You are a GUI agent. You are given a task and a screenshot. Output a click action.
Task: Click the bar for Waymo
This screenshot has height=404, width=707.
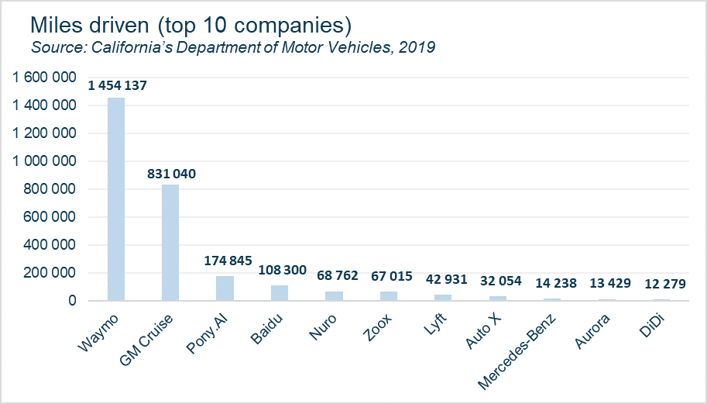point(115,199)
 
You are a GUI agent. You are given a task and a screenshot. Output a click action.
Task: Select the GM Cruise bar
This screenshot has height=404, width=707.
point(170,242)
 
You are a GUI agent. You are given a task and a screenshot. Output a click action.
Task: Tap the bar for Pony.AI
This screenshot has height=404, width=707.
point(225,288)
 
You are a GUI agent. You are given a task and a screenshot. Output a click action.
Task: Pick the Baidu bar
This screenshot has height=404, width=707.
point(280,292)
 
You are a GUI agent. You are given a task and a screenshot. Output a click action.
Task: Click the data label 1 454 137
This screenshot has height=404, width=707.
point(116,85)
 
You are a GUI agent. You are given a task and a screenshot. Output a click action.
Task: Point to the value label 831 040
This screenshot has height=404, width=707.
point(171,174)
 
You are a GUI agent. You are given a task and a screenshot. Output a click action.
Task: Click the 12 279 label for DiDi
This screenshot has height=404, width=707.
point(661,283)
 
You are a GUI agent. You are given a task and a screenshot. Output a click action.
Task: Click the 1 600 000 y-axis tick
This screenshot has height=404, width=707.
point(43,78)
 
